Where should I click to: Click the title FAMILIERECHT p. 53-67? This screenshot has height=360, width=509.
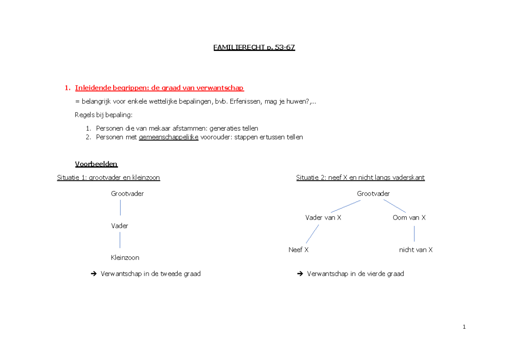pos(254,47)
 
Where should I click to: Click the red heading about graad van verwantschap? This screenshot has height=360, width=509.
pos(159,88)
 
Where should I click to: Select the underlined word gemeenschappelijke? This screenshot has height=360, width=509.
pos(168,137)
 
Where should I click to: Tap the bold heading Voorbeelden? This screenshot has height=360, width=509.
pos(96,164)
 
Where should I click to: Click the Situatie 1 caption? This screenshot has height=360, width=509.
pos(109,178)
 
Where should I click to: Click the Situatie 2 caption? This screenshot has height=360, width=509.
pos(360,178)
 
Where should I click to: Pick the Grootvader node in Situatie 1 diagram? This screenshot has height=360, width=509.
pos(127,194)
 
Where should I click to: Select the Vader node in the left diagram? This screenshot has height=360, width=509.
pos(120,226)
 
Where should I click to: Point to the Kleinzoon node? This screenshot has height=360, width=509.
pos(125,257)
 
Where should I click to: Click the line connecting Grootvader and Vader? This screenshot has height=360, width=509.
pos(120,208)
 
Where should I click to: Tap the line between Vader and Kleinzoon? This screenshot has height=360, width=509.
pos(120,240)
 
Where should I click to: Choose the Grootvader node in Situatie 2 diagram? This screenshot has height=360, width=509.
pos(373,194)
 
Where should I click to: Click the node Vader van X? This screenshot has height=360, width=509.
pos(323,218)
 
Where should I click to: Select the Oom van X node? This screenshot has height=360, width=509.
pos(409,218)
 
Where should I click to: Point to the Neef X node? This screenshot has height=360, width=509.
pos(299,250)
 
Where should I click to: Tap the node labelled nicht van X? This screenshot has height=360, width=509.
pos(416,250)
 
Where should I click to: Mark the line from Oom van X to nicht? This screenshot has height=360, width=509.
pos(414,234)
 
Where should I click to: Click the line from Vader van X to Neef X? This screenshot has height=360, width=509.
pos(312,234)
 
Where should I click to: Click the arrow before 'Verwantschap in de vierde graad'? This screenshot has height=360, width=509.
pos(300,274)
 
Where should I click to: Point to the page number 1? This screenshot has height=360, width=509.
pos(464,327)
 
